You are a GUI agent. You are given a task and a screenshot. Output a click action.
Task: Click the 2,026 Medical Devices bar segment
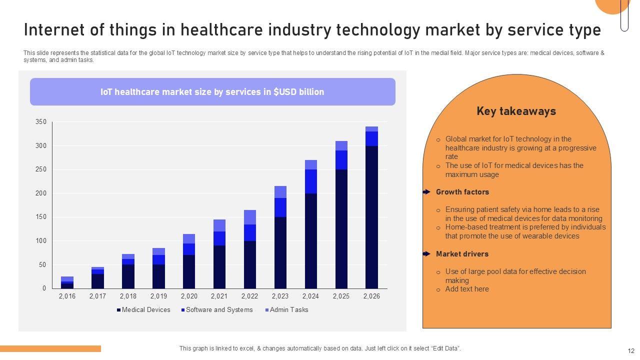coord(371,217)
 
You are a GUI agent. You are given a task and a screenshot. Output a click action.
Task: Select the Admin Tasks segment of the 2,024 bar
coord(311,165)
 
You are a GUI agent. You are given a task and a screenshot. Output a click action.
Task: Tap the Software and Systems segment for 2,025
coord(341,160)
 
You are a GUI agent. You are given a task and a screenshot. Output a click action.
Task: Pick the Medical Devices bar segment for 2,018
coord(128,276)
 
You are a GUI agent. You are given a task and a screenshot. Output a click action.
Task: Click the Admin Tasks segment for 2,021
coord(219,225)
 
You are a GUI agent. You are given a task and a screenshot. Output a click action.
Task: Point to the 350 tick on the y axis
coord(41,122)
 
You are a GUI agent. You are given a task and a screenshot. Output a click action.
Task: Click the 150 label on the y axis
coord(41,217)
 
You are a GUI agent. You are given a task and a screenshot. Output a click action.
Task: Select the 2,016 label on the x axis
coord(67,296)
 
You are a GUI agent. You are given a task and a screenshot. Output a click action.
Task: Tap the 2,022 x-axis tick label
coord(249,296)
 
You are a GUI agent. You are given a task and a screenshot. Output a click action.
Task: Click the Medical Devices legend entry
coord(143,310)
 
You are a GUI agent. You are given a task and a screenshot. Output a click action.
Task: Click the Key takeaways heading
coord(516,111)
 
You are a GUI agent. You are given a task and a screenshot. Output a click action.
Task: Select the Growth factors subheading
coord(462,192)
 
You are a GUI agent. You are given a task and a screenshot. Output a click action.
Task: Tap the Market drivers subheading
coord(462,254)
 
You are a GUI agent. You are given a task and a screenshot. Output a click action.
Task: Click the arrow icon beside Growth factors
coord(426,192)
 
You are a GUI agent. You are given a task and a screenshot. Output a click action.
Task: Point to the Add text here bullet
coord(467,289)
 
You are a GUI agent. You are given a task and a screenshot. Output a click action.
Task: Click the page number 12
coord(630,351)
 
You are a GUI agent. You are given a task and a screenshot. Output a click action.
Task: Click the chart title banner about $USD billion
coord(212,92)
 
